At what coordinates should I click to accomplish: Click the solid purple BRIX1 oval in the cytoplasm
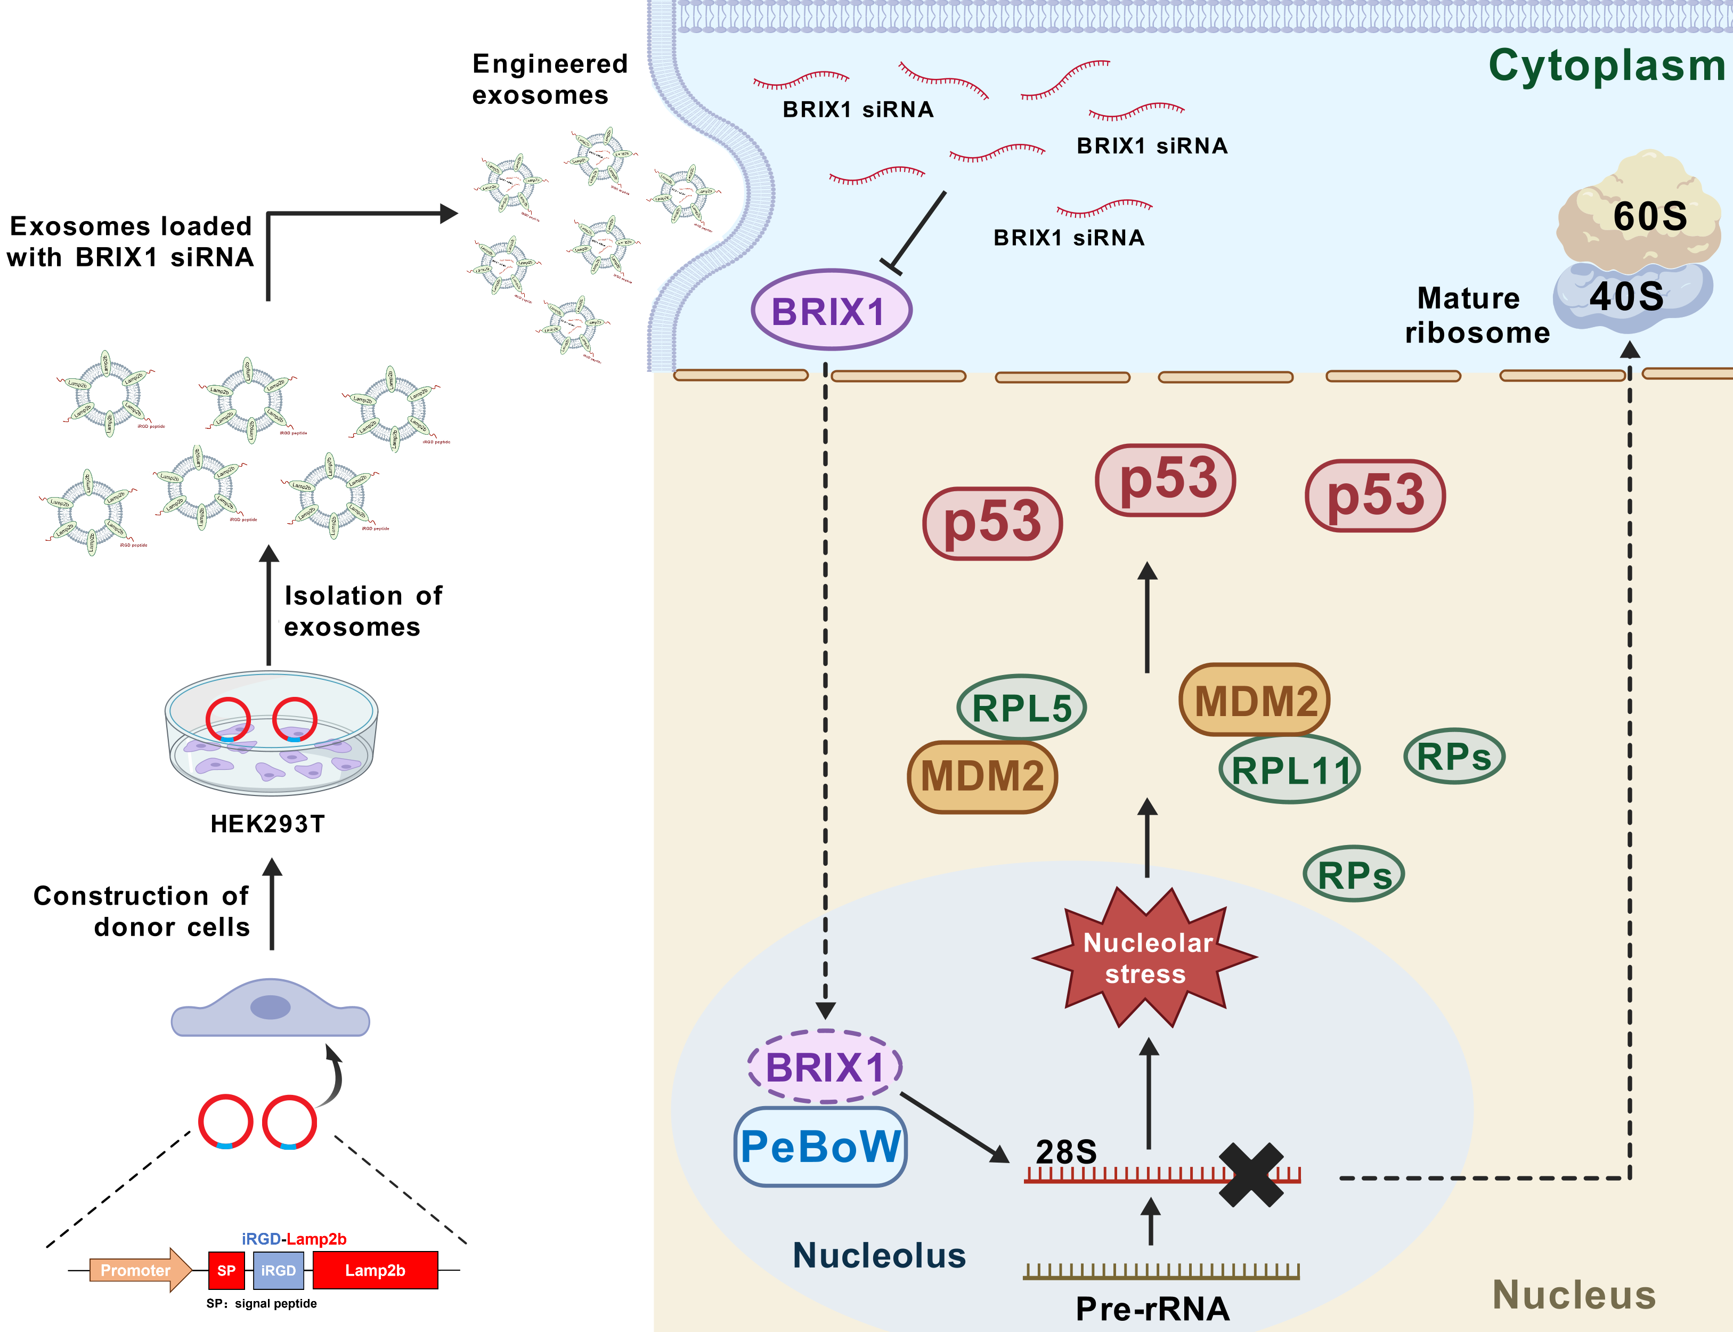831,310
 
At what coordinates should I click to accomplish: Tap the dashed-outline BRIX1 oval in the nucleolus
825,1066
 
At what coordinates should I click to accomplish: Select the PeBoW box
820,1147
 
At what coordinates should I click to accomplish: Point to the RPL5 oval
1021,707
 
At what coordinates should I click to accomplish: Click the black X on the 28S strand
1251,1175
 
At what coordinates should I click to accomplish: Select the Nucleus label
1574,1294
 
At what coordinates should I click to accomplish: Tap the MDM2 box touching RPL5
982,776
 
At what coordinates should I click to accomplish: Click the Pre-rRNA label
1152,1308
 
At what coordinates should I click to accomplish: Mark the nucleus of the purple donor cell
270,1008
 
